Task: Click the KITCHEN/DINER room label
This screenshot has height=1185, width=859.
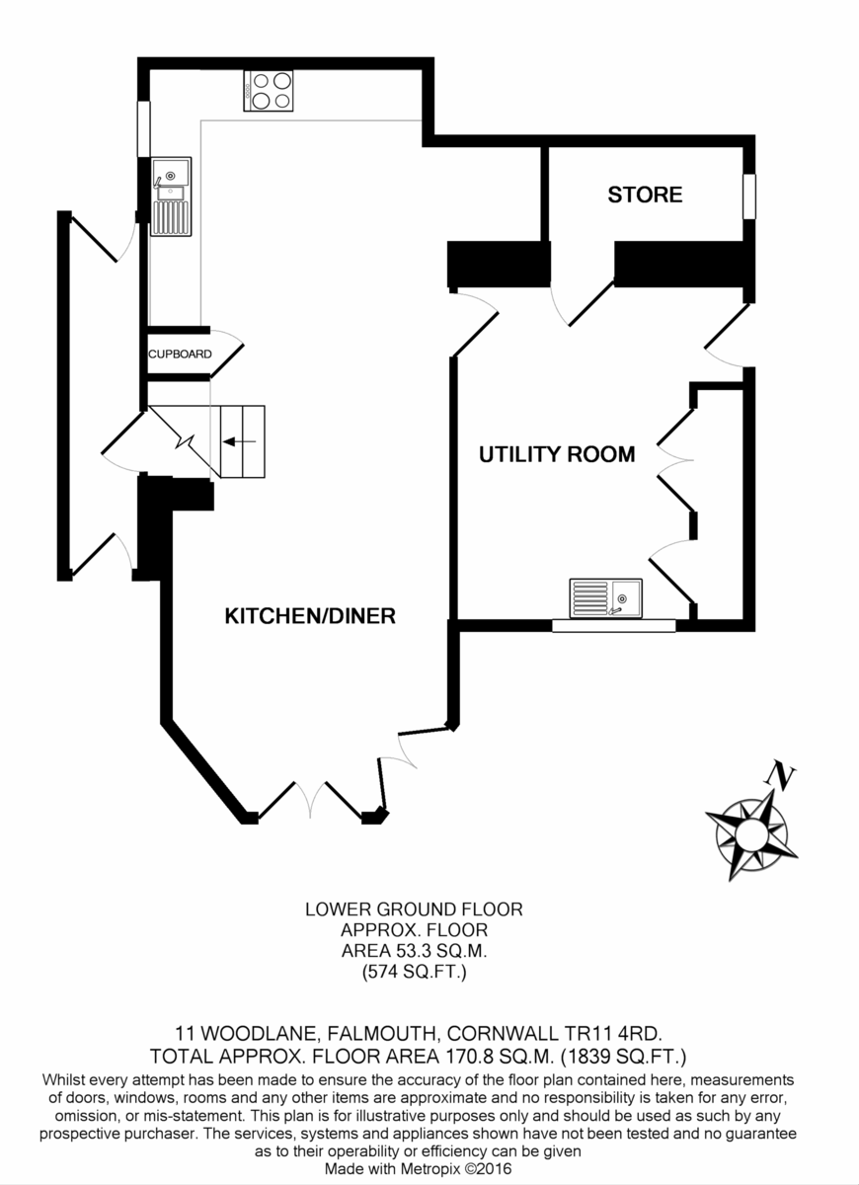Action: (x=310, y=616)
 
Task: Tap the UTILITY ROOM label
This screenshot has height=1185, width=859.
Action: (x=557, y=454)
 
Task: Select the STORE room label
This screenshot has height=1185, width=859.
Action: (x=645, y=195)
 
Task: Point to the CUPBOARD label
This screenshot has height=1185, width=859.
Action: (x=179, y=354)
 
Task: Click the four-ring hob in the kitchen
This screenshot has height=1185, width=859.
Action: (x=270, y=90)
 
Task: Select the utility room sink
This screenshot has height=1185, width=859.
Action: (x=605, y=597)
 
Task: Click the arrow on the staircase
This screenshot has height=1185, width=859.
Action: (x=239, y=441)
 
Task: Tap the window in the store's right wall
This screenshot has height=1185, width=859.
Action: (x=749, y=196)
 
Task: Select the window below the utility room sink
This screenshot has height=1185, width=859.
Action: (x=613, y=625)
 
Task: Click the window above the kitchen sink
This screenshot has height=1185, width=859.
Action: (x=143, y=129)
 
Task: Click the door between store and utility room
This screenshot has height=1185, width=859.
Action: (x=583, y=301)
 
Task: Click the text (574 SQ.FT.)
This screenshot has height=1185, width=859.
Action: (x=414, y=974)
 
